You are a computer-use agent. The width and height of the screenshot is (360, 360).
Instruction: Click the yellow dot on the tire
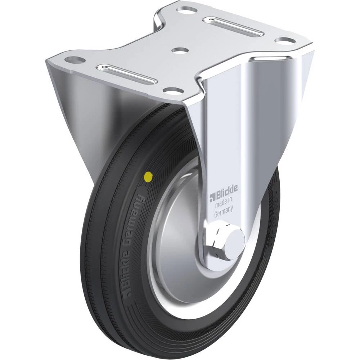tap(148, 176)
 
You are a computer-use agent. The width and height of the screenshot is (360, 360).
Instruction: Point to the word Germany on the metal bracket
tap(224, 211)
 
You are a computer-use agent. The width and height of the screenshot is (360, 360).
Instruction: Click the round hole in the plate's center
tap(180, 50)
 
